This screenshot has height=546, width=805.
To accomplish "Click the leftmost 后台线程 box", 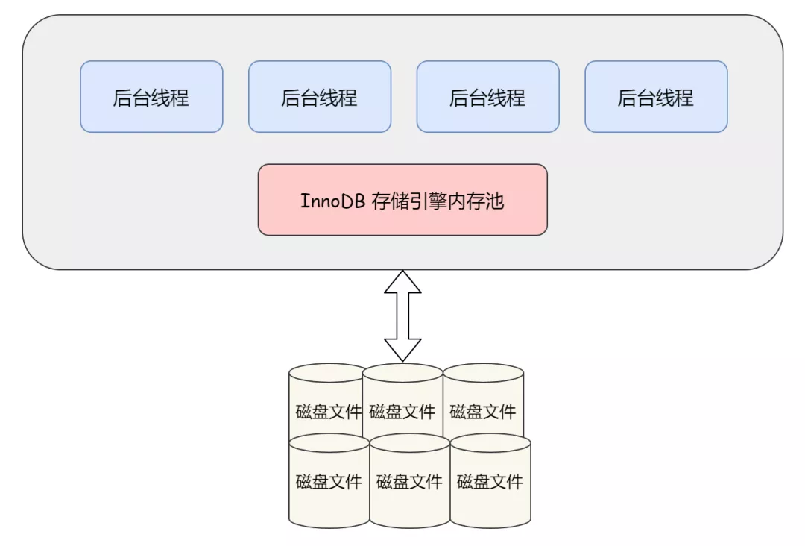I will (x=151, y=97).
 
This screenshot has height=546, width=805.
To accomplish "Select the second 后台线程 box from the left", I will (x=319, y=97).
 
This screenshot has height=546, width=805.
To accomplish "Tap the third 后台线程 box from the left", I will (x=487, y=97).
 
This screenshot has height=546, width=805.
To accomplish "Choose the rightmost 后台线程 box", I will (x=656, y=97).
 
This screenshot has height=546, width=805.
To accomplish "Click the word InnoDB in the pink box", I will (x=332, y=201).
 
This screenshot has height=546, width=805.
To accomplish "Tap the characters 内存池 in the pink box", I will (x=476, y=201).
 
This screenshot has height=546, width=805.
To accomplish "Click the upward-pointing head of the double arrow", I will (x=402, y=283).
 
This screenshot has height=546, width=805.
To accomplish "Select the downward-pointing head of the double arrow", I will (x=402, y=350).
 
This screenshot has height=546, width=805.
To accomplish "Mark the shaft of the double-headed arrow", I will (x=402, y=316).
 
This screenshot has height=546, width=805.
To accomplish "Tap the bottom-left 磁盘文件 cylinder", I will (x=329, y=481).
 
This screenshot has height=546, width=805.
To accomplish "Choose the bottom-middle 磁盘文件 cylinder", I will (x=409, y=481).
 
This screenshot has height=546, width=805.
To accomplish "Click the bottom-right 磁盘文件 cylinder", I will (x=490, y=481).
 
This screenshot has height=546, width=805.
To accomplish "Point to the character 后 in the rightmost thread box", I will (x=627, y=98).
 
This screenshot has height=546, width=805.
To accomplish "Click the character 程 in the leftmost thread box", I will (x=180, y=98).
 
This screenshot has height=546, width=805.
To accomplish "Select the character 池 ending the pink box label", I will (x=494, y=201).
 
